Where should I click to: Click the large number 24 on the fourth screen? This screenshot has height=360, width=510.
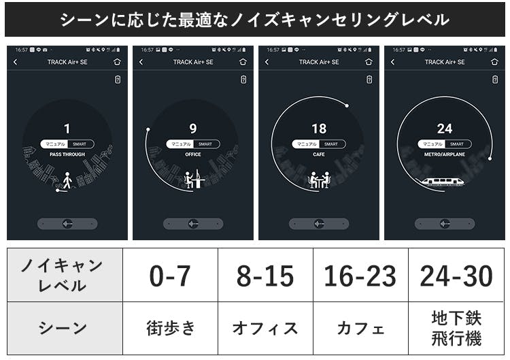pyautogui.click(x=445, y=129)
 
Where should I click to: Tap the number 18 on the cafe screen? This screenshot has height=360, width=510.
pyautogui.click(x=319, y=129)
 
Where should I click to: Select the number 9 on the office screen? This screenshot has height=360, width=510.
pyautogui.click(x=193, y=129)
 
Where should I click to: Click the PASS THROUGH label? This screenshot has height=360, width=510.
pyautogui.click(x=67, y=154)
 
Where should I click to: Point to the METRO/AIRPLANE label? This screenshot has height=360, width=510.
pyautogui.click(x=445, y=154)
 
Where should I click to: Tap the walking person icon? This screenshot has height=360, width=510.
pyautogui.click(x=67, y=181)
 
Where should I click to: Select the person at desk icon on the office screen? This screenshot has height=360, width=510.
pyautogui.click(x=194, y=180)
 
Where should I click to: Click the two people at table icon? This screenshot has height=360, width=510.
pyautogui.click(x=319, y=180)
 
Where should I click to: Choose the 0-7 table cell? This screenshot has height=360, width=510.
pyautogui.click(x=170, y=276)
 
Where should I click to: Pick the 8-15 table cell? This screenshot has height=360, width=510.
pyautogui.click(x=265, y=276)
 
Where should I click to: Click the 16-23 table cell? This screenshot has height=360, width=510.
pyautogui.click(x=360, y=276)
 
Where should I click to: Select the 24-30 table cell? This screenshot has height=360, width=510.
pyautogui.click(x=456, y=276)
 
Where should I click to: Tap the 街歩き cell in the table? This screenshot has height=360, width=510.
pyautogui.click(x=170, y=328)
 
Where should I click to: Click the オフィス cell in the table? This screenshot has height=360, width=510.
pyautogui.click(x=265, y=328)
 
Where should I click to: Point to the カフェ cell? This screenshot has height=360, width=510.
pyautogui.click(x=360, y=328)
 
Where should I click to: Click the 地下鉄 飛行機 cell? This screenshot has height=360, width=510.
pyautogui.click(x=456, y=328)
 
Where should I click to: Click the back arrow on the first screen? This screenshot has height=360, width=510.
pyautogui.click(x=16, y=62)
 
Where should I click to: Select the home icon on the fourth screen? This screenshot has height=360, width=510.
pyautogui.click(x=494, y=62)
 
